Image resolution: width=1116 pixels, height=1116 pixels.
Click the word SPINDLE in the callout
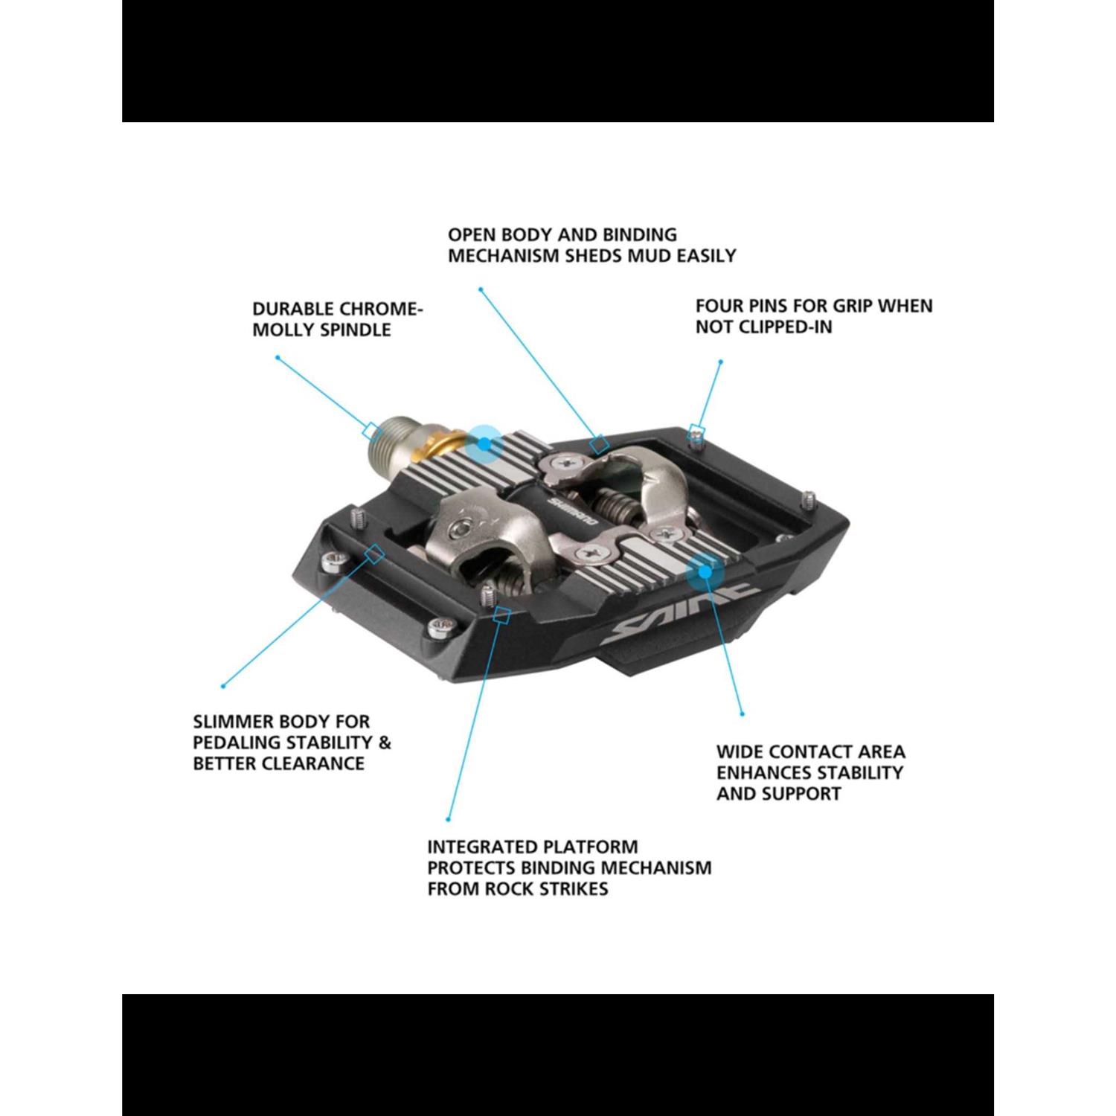[355, 330]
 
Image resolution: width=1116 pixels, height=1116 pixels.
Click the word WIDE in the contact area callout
[740, 751]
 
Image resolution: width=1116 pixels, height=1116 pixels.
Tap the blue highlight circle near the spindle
[484, 444]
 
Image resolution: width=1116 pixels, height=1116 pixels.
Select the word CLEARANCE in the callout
[318, 763]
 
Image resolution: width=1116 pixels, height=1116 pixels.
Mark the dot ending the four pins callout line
[720, 362]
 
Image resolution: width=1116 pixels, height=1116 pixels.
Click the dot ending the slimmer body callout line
[223, 686]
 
